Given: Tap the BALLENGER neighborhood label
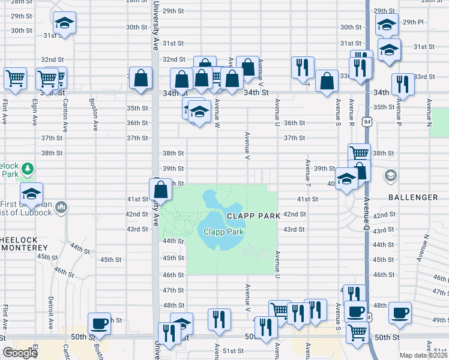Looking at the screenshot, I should tap(413, 197).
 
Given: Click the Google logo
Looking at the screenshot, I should tap(20, 353).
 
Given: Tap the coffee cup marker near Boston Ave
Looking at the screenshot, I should tap(100, 323).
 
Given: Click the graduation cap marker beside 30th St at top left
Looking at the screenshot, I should tap(64, 23).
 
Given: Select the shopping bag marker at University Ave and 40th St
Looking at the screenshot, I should tap(161, 190).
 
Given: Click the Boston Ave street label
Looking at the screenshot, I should tap(94, 115).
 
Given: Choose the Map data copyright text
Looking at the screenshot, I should tap(423, 355).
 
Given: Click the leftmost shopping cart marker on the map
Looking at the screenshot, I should tap(15, 77).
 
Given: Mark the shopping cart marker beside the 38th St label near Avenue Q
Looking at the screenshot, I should tap(359, 153).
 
